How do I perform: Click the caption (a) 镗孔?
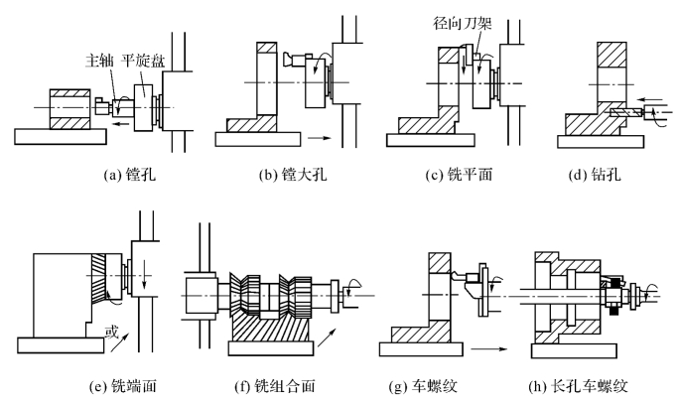pos(129,174)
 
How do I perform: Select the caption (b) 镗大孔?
pos(293,174)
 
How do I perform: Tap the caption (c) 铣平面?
pos(459,174)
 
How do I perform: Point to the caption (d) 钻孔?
pos(595,174)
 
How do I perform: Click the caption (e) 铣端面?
pos(122,385)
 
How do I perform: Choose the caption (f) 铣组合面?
pos(275,385)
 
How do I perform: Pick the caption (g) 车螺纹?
pos(423,385)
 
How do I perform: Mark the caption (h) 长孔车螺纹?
pos(578,385)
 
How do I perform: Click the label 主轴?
pos(99,61)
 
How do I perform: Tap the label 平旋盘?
pos(143,61)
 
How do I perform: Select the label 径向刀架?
pos(463,23)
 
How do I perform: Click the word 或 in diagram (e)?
pos(111,332)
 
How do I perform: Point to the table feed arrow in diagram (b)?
pos(320,138)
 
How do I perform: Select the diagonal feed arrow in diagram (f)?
pos(327,337)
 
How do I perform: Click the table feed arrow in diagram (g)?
pos(489,348)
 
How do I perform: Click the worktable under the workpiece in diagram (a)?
pos(61,136)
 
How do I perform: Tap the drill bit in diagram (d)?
pos(626,113)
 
